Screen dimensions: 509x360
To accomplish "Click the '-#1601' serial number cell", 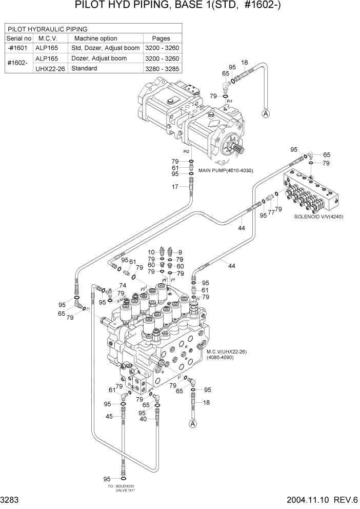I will click(x=19, y=48).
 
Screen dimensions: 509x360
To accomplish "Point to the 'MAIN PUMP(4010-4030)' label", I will click(x=226, y=170).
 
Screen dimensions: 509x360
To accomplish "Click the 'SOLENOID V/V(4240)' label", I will click(x=318, y=217).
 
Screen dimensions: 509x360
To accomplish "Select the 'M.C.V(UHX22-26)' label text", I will click(x=227, y=352).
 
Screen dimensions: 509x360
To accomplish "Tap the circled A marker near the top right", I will click(x=266, y=114).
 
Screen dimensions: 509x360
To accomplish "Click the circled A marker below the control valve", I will click(x=193, y=423).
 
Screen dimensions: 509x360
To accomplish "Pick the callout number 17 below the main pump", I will click(x=175, y=187).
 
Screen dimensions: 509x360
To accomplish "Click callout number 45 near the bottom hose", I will click(x=109, y=416).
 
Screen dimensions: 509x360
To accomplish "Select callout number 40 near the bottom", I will click(x=144, y=419).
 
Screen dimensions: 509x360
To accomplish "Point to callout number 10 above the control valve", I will click(x=151, y=252).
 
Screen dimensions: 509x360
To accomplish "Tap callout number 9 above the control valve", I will click(x=180, y=252).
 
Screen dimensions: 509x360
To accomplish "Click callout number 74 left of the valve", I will click(x=123, y=286).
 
